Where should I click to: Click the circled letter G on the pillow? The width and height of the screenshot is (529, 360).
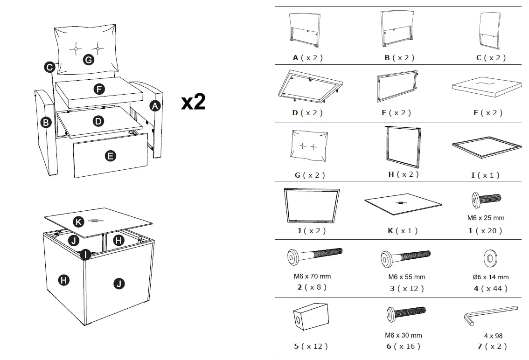coord(88,60)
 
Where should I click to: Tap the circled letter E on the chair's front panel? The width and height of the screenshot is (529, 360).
coord(111,156)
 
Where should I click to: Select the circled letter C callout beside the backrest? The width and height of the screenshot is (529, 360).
coord(50,67)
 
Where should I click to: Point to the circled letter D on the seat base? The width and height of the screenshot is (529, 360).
coord(98,121)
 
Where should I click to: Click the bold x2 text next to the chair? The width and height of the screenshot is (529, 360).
coord(193,102)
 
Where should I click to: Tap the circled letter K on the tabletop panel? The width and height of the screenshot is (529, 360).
coord(79,222)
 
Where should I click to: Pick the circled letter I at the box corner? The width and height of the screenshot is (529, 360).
coord(85,255)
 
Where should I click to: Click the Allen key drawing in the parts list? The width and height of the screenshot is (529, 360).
coord(490,315)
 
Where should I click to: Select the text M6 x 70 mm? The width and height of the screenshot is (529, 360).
coord(309,276)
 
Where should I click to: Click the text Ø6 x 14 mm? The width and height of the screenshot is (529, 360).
coord(490,277)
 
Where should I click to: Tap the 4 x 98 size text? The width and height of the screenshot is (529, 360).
coord(493,336)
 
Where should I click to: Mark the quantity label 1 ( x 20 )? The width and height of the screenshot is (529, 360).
coord(486,230)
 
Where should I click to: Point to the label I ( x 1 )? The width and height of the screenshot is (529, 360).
coord(485,175)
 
